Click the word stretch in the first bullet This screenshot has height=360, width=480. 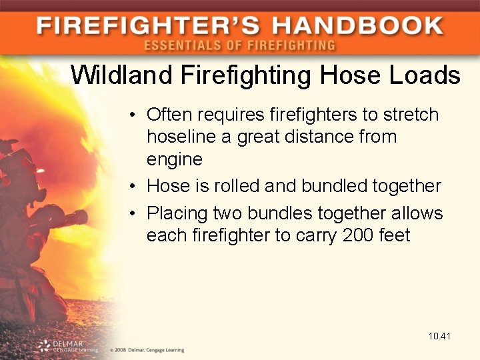[411, 115]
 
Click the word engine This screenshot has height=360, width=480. [174, 160]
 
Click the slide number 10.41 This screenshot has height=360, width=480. [440, 336]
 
